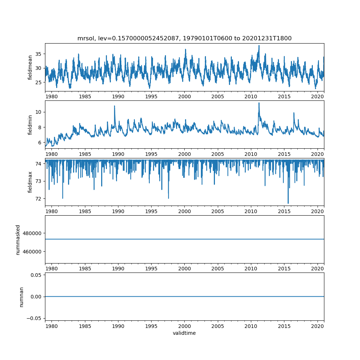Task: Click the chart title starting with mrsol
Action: [184, 38]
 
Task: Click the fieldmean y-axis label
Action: [30, 67]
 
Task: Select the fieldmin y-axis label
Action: [30, 124]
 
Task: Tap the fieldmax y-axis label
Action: [30, 182]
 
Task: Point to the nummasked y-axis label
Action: [18, 239]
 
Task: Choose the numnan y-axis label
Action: [21, 297]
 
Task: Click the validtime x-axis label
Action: [184, 333]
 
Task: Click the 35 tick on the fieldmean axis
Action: [38, 54]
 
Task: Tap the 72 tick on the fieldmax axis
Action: [38, 198]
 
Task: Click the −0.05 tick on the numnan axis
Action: [35, 318]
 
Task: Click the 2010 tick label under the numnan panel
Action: [251, 326]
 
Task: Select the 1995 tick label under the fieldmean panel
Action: [151, 96]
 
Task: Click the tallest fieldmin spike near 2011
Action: [259, 103]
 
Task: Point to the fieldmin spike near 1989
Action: [114, 106]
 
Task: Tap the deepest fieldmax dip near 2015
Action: [288, 203]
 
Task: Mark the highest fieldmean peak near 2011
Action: [259, 45]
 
